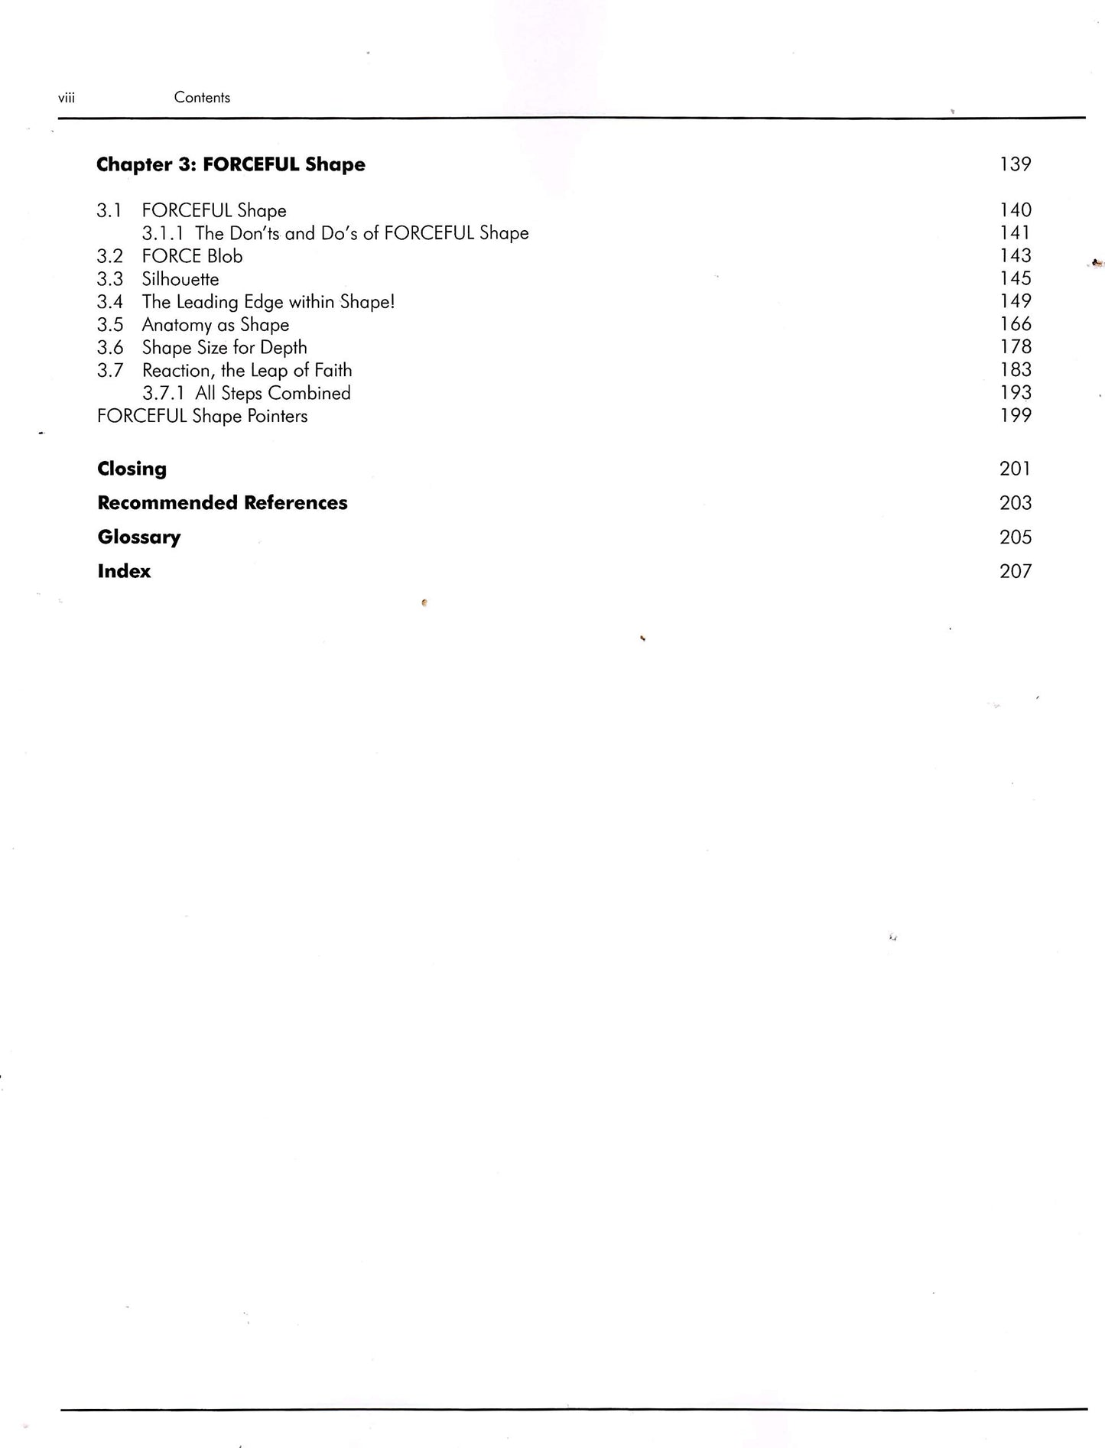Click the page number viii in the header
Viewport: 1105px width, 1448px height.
[x=67, y=98]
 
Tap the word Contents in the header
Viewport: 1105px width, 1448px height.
[x=202, y=98]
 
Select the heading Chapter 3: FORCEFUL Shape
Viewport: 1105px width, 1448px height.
[x=231, y=165]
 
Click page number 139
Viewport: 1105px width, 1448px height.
[x=1016, y=164]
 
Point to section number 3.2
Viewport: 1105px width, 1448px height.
[x=109, y=256]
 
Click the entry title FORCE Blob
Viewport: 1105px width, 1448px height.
[x=192, y=256]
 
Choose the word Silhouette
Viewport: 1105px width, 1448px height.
[x=180, y=279]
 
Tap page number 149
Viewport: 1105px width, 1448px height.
[x=1016, y=301]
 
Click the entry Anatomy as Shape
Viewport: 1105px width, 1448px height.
[x=216, y=325]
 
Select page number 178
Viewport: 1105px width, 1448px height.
[x=1016, y=347]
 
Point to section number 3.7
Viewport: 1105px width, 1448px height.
[x=109, y=371]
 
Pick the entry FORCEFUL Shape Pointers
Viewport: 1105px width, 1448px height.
[x=203, y=417]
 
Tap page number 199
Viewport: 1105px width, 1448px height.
[x=1016, y=416]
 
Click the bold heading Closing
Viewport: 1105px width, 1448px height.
[x=132, y=469]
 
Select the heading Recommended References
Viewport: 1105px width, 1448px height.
[x=223, y=503]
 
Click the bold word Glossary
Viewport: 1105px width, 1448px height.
[x=139, y=537]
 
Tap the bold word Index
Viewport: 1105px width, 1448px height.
[x=124, y=572]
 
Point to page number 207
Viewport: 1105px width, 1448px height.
[x=1016, y=572]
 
